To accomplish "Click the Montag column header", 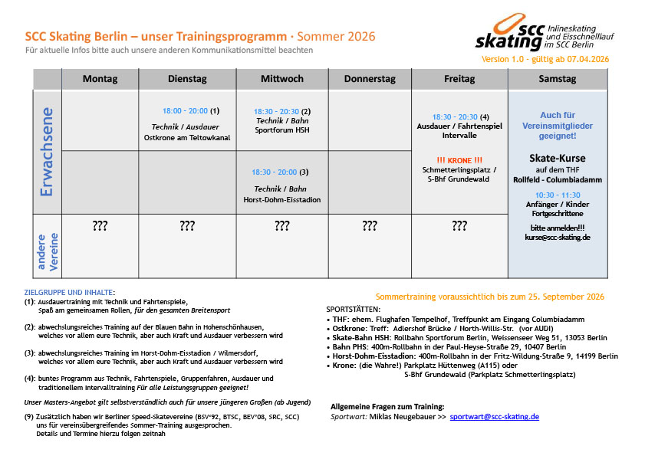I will (x=100, y=79).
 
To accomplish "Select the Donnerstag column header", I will (x=370, y=79).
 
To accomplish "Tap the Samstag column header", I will (x=558, y=79).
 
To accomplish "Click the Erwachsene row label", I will (x=46, y=152).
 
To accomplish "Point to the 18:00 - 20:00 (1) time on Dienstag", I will (x=191, y=110).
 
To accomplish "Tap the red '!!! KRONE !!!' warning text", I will (x=459, y=159).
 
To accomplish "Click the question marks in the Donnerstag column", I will (x=370, y=226).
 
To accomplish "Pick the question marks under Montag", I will (x=100, y=226).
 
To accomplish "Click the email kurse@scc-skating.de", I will (x=557, y=238).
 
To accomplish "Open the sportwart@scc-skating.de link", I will (x=495, y=417).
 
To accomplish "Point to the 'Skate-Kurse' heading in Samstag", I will (x=558, y=158).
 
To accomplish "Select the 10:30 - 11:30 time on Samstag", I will (x=558, y=195).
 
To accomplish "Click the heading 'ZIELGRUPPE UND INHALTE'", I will (x=69, y=292).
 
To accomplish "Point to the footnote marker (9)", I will (x=29, y=415).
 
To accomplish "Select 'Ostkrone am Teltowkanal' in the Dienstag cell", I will (x=188, y=137).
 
